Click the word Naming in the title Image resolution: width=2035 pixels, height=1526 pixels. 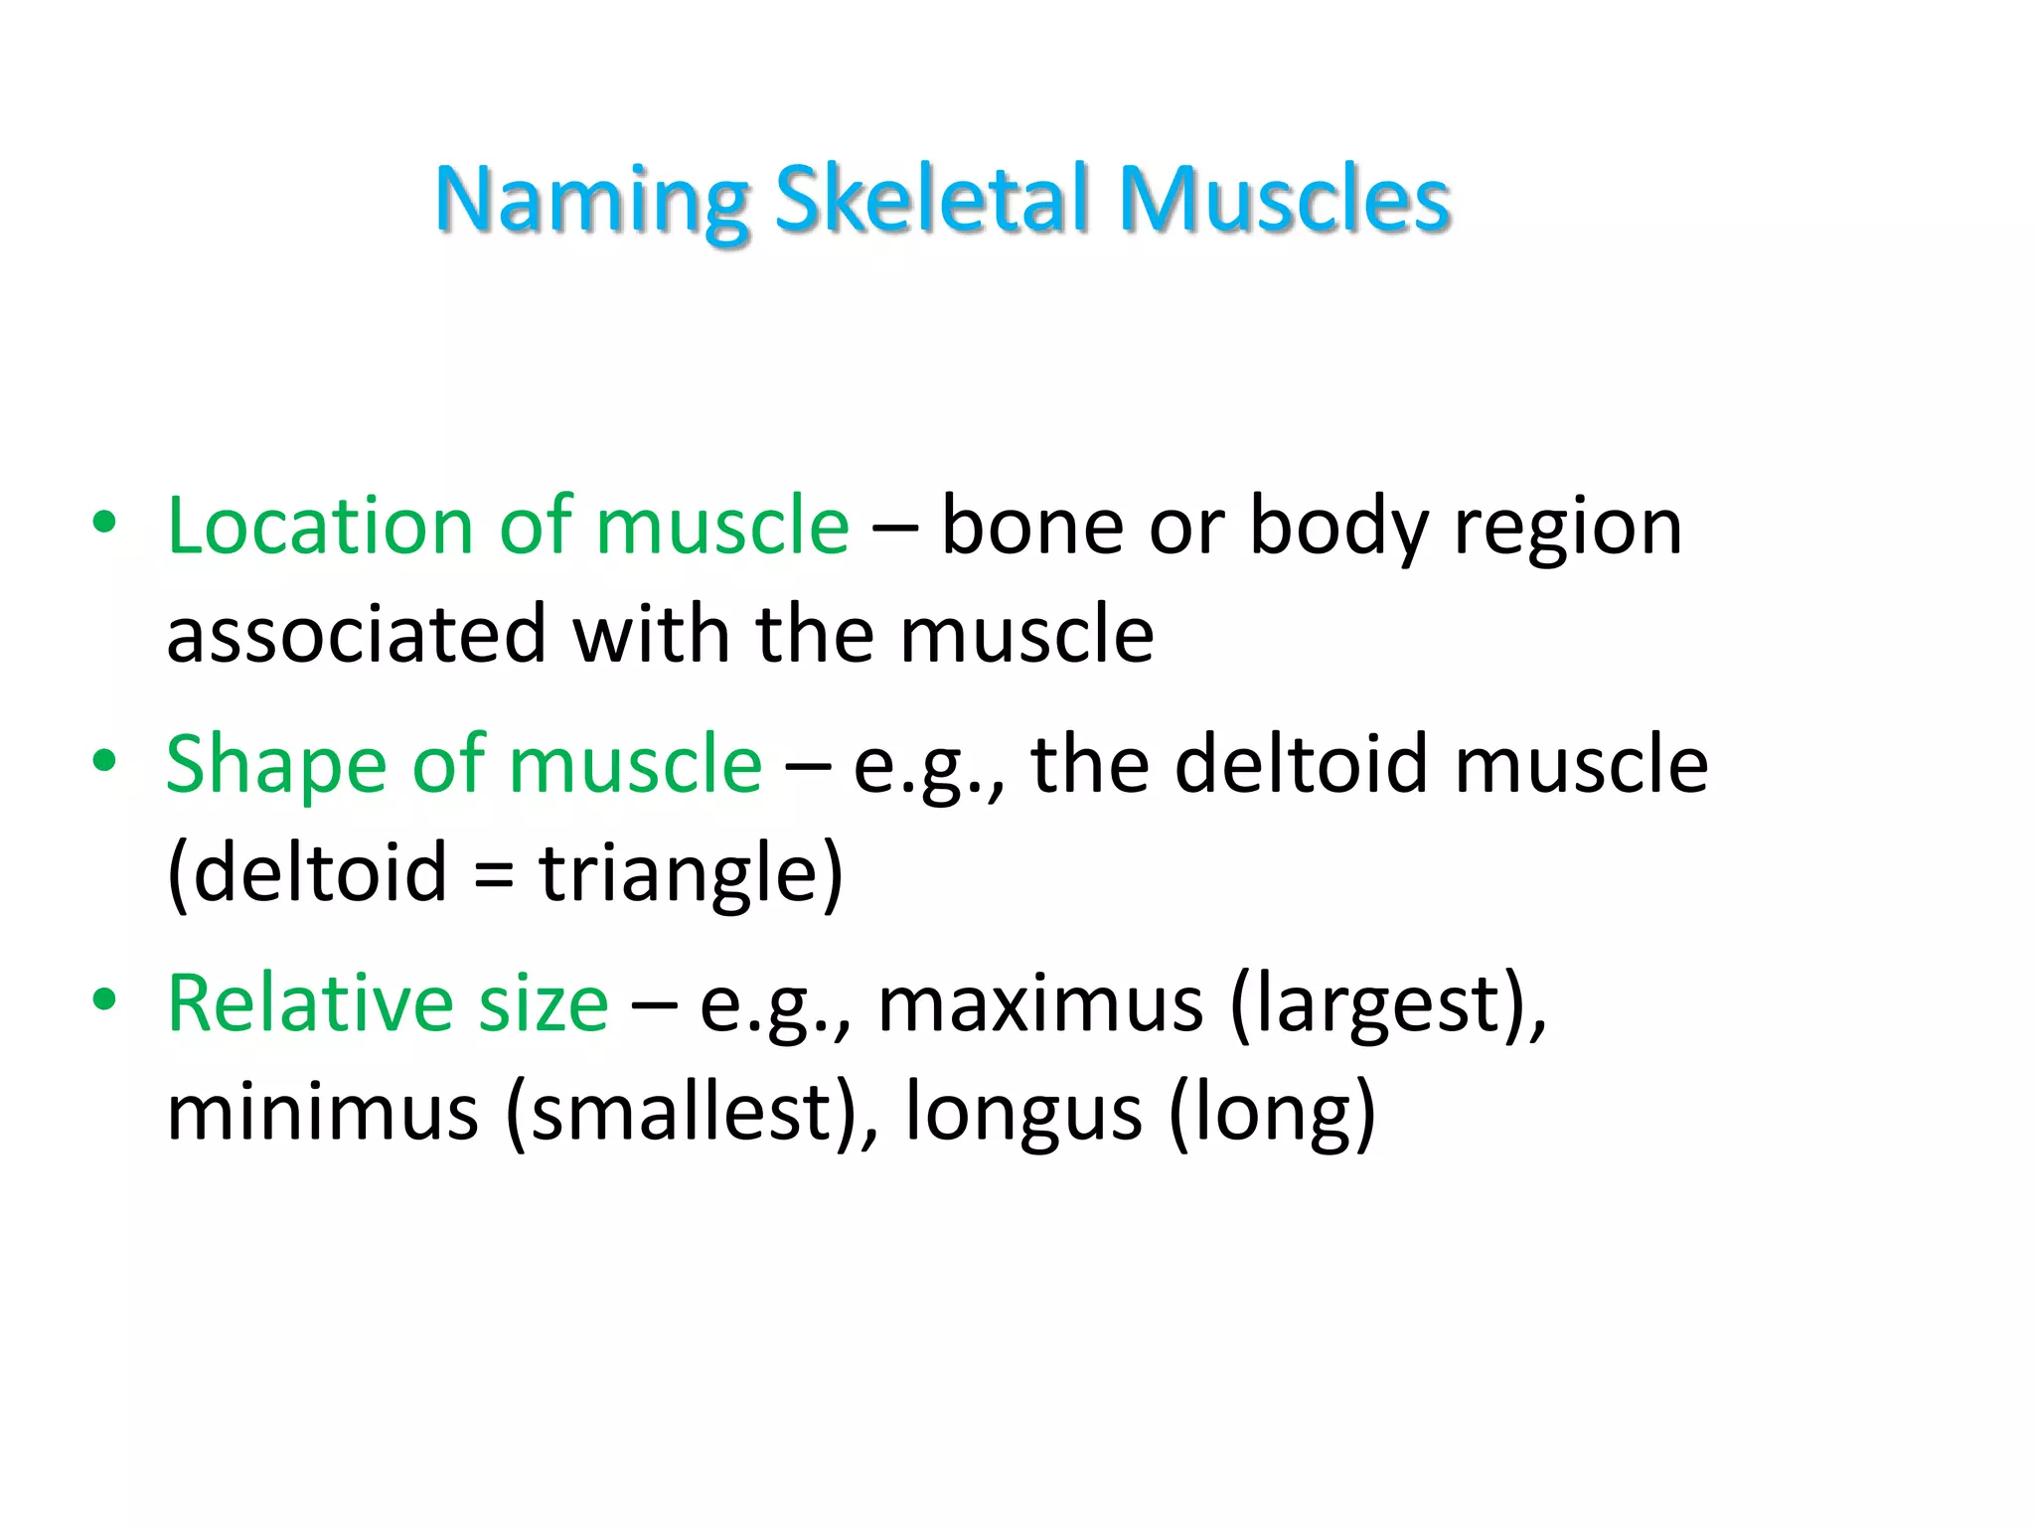[591, 201]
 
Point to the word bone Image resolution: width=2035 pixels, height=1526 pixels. [1032, 526]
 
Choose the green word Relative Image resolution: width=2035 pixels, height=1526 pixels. [311, 1003]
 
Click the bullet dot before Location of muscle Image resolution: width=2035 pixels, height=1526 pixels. [104, 523]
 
